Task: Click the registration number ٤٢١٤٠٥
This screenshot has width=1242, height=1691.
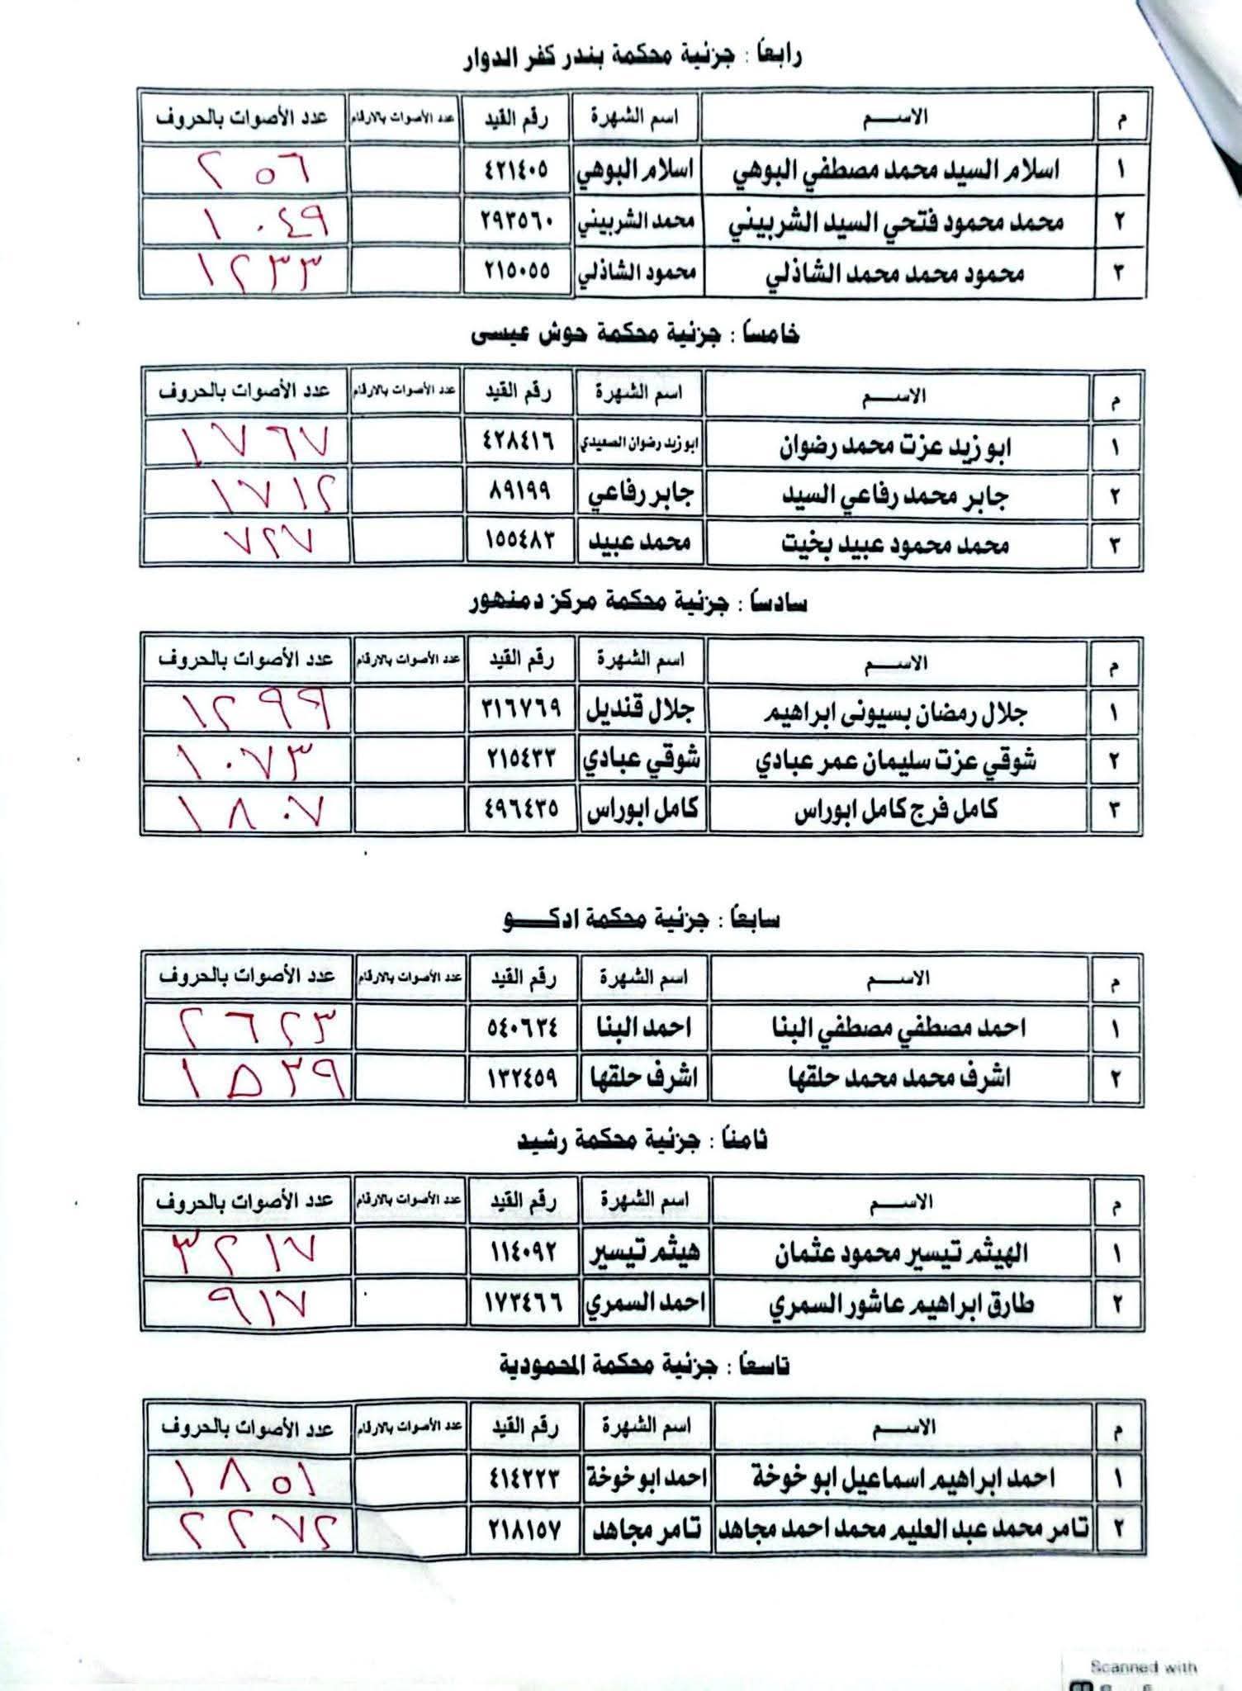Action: [x=516, y=171]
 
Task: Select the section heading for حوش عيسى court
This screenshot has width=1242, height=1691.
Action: [x=635, y=334]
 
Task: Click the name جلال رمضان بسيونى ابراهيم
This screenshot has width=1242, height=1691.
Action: [x=895, y=713]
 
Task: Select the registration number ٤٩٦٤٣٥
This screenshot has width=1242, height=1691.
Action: [x=521, y=809]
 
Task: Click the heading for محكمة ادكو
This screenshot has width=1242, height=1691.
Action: [x=641, y=920]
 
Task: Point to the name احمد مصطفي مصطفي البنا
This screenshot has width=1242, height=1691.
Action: [x=898, y=1028]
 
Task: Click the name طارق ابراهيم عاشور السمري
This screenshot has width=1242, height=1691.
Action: [x=900, y=1303]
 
